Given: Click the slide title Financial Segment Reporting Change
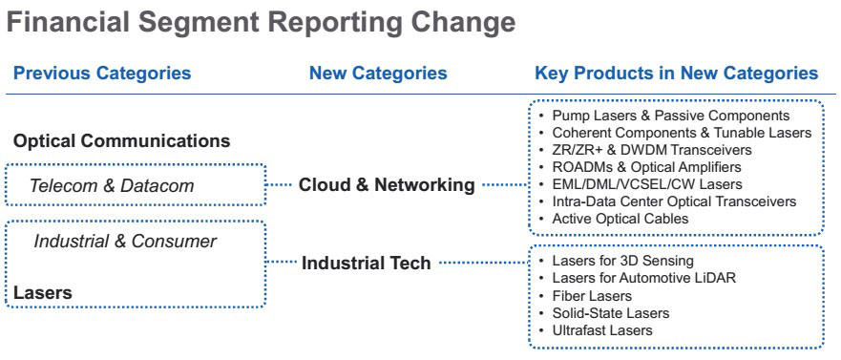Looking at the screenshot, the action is (x=262, y=23).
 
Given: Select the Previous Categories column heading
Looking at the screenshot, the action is (x=102, y=73).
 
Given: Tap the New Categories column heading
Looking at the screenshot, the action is (x=378, y=73).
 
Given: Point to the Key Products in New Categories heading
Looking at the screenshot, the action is (x=677, y=73).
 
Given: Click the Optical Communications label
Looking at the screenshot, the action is (x=122, y=141).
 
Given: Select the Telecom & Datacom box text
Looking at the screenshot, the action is (x=112, y=185).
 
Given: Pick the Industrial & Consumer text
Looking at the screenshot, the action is (x=125, y=242).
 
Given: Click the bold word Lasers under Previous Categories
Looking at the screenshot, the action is (x=43, y=293).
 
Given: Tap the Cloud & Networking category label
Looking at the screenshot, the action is (x=387, y=185).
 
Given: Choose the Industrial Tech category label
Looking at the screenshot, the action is (x=367, y=263).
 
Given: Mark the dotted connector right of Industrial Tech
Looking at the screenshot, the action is (x=484, y=263).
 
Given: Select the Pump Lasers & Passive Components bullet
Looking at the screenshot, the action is (x=671, y=116).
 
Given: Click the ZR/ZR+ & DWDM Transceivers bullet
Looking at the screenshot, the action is (x=652, y=150).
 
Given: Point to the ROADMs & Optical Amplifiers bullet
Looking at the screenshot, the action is (x=647, y=167).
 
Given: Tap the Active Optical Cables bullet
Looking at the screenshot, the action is (x=620, y=219).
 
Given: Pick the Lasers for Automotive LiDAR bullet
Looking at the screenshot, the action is (x=644, y=278).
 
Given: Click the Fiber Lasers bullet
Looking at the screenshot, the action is (x=592, y=296).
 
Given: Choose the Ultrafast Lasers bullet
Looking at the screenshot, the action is (x=602, y=330).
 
